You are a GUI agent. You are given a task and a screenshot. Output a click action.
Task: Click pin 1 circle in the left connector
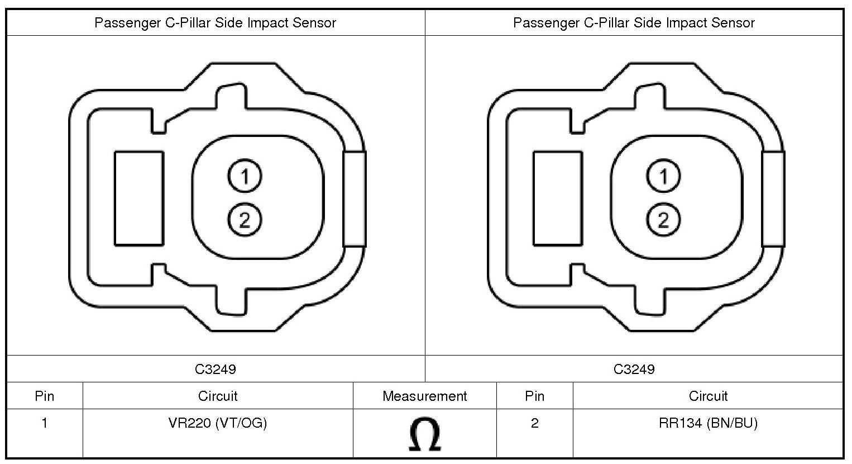[245, 176]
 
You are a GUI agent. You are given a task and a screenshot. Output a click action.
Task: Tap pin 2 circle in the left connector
[245, 220]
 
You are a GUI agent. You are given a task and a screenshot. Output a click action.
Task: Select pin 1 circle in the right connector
[663, 176]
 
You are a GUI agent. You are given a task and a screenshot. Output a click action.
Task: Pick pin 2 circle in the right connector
[663, 220]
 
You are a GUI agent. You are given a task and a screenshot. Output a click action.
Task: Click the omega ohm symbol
[425, 434]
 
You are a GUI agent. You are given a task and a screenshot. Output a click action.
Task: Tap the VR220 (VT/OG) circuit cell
[218, 423]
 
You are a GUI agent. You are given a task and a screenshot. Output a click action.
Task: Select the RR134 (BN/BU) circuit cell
[708, 423]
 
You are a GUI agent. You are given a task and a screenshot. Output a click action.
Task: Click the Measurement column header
[424, 396]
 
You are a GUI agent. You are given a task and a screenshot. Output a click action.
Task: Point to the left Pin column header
[45, 396]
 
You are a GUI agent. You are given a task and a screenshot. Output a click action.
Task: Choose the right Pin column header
[534, 396]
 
